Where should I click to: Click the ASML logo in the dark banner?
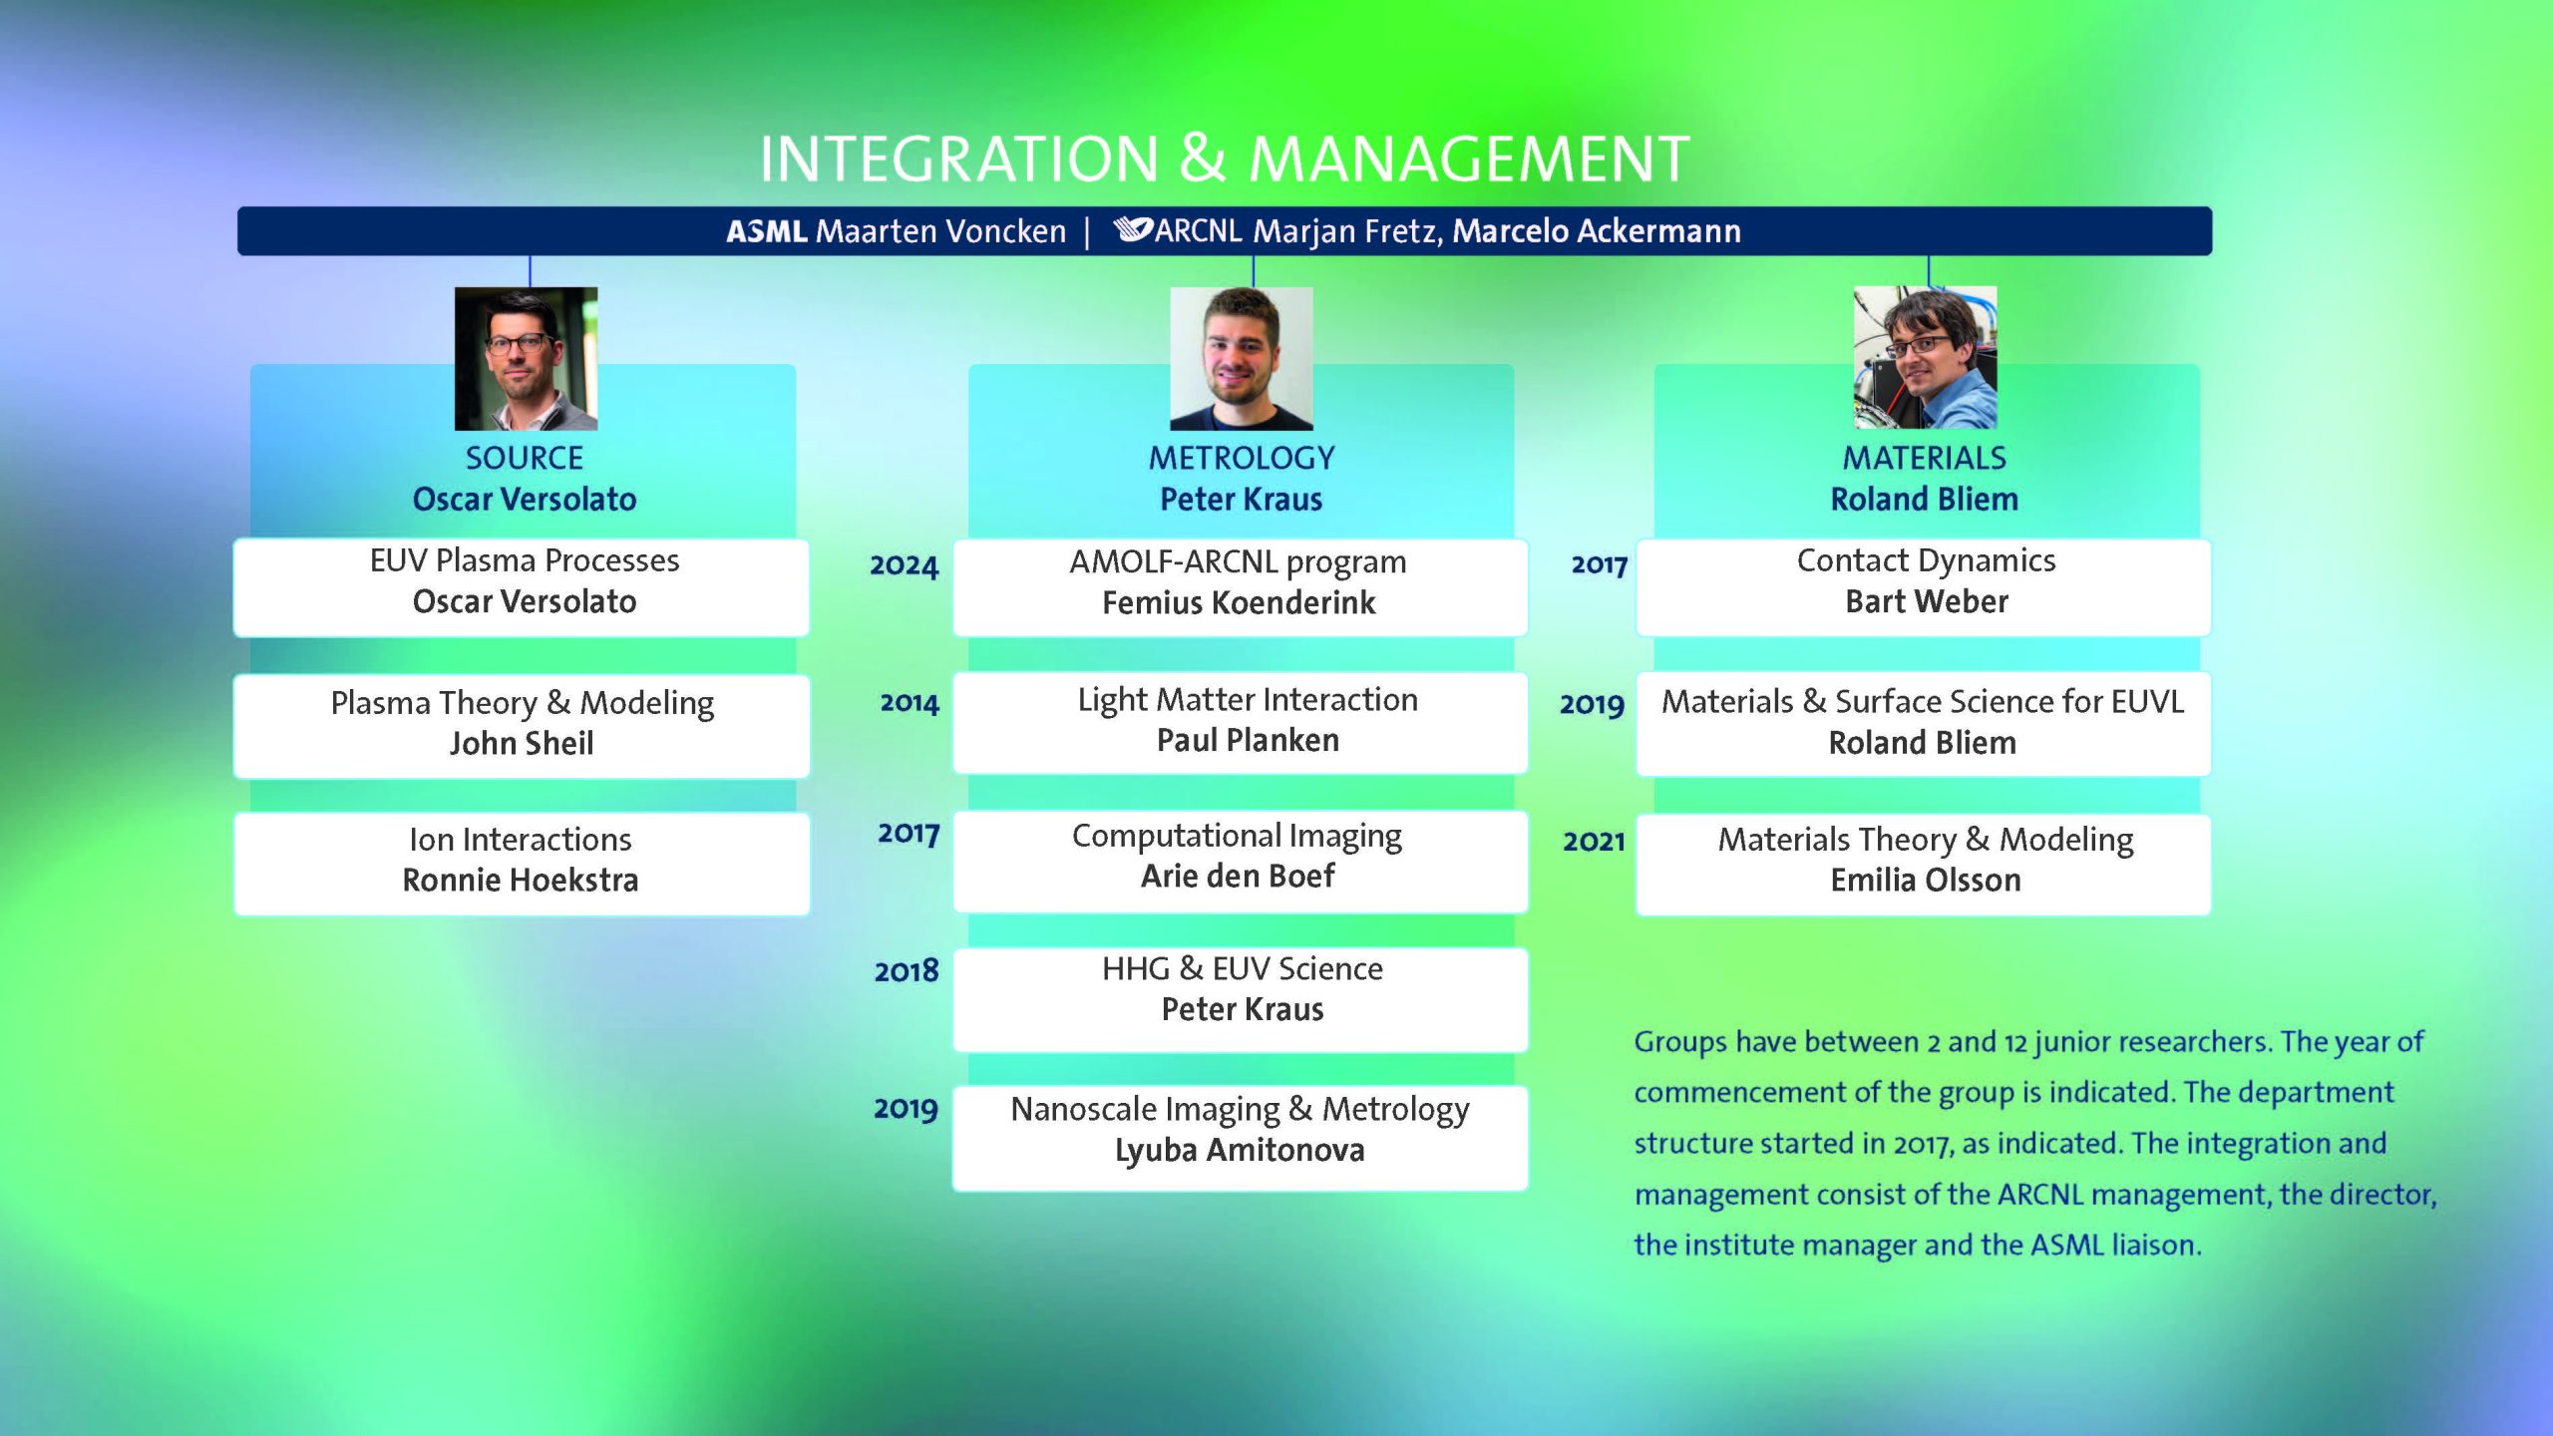(x=766, y=231)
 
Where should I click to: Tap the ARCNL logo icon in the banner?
(x=1133, y=229)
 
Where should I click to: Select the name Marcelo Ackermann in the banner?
(x=1597, y=231)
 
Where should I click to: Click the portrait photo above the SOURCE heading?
(x=526, y=359)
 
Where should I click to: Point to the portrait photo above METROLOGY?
(x=1241, y=359)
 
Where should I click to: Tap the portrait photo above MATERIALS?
(x=1925, y=358)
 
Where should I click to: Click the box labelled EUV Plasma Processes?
(x=522, y=587)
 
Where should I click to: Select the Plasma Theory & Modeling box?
(x=522, y=726)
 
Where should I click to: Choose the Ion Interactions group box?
(x=522, y=864)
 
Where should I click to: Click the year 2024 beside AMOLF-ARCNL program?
(x=905, y=566)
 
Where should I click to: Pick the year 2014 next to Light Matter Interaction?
(x=910, y=703)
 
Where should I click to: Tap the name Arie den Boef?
(x=1238, y=877)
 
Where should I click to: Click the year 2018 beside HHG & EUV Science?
(x=907, y=971)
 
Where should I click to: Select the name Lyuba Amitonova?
(x=1240, y=1151)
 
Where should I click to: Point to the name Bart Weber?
(x=1927, y=601)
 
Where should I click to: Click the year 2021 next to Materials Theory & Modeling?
(x=1594, y=842)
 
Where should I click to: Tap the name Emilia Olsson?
(x=1926, y=881)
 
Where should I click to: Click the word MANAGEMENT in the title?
(x=1469, y=160)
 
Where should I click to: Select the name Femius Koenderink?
(x=1239, y=603)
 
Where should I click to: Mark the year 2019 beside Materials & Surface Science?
(x=1593, y=705)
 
